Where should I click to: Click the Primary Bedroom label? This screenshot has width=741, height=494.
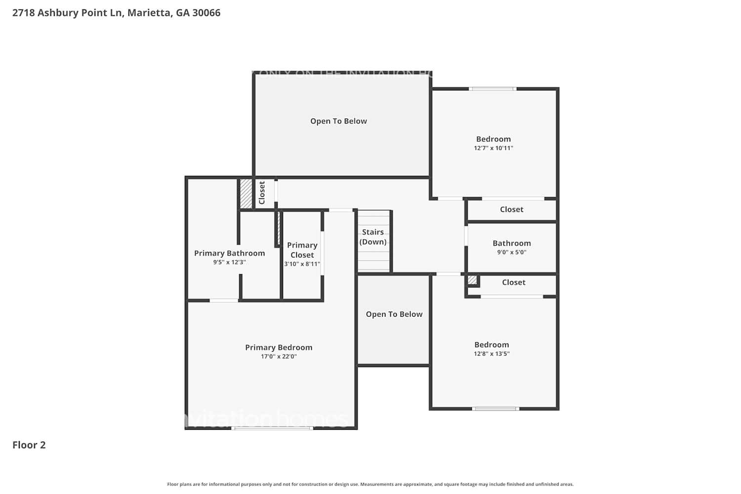click(x=279, y=347)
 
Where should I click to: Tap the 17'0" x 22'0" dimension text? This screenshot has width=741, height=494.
click(x=279, y=357)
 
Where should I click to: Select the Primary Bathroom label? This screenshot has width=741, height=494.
click(x=229, y=253)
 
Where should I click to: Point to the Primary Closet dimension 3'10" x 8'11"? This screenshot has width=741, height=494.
click(x=302, y=264)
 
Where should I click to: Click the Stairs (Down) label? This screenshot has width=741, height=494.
click(x=373, y=237)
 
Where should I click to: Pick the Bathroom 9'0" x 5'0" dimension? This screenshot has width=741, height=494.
click(x=511, y=252)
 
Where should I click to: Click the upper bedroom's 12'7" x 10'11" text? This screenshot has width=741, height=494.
click(x=493, y=148)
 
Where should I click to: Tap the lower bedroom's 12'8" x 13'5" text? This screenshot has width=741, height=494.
click(x=492, y=354)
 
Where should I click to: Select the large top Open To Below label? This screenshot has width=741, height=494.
click(x=338, y=121)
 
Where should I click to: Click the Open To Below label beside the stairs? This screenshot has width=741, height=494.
click(x=394, y=314)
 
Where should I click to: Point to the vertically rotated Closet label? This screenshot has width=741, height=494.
click(x=262, y=193)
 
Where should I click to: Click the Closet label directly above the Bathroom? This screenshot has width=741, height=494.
click(x=511, y=209)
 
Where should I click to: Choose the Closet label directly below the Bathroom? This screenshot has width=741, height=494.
click(x=513, y=283)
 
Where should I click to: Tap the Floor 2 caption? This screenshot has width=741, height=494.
click(x=29, y=445)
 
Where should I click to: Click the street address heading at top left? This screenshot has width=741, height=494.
click(x=117, y=13)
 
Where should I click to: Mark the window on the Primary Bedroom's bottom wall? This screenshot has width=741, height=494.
click(x=272, y=428)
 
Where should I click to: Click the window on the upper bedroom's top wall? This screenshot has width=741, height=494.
click(x=492, y=89)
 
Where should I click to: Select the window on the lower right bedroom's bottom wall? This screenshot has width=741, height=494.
click(x=495, y=409)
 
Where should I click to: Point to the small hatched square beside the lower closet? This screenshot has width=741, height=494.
click(x=472, y=280)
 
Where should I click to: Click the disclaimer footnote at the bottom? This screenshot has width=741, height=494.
click(x=370, y=485)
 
